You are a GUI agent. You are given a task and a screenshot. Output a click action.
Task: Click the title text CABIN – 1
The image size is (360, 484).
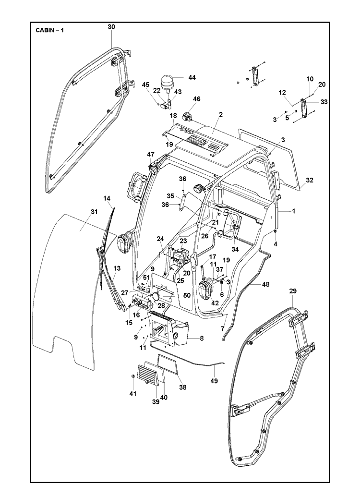point(49,30)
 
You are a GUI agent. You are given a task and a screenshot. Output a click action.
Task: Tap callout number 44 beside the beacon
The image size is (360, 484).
point(192,77)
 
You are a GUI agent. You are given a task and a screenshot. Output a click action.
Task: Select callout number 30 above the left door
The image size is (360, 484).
point(111,27)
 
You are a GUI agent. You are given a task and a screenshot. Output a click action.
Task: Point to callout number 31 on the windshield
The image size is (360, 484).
point(94,212)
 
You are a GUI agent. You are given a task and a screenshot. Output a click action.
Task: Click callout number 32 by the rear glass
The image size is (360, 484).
point(310,180)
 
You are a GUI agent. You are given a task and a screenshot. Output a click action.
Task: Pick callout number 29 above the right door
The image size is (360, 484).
point(293,291)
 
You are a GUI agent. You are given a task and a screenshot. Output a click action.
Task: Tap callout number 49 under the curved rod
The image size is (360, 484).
point(214,381)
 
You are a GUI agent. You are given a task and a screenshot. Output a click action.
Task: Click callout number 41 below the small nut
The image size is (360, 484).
point(133,394)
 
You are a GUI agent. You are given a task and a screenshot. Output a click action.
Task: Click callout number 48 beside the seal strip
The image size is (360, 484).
point(265,284)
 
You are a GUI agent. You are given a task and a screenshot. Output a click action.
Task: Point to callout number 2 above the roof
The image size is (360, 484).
point(221,114)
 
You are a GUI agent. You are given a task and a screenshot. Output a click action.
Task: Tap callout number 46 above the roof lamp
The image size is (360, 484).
point(196,99)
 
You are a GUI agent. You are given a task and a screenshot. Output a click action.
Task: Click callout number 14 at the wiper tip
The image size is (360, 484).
point(107,198)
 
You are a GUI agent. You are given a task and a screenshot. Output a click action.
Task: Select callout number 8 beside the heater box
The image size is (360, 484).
point(202,339)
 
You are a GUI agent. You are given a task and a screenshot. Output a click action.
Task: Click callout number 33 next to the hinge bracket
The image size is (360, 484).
point(324,102)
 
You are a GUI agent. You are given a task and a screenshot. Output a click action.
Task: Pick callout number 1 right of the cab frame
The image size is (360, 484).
point(294,211)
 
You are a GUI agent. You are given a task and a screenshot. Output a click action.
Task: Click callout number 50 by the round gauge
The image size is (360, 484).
point(187,296)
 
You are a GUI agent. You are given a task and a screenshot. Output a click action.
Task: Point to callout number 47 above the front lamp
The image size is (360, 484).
point(151,154)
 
